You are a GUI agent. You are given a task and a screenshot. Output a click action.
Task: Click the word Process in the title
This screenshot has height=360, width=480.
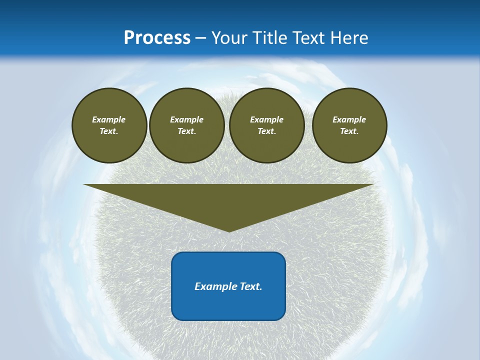tap(157, 38)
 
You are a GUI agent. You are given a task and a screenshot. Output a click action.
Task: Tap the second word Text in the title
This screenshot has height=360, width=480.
tap(311, 38)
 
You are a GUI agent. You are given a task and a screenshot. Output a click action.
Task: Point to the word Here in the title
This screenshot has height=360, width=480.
tap(350, 38)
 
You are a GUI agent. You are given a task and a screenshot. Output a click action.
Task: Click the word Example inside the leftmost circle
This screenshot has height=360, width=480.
tap(109, 119)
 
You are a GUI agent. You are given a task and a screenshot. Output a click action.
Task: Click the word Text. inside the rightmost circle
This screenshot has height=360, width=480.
tap(349, 131)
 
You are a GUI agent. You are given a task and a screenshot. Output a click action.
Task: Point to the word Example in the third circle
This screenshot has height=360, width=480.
tap(266, 119)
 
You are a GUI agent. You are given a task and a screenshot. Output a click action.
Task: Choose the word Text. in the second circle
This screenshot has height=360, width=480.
tap(186, 131)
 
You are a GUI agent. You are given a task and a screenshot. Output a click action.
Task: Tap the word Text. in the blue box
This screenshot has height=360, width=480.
tap(251, 286)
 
